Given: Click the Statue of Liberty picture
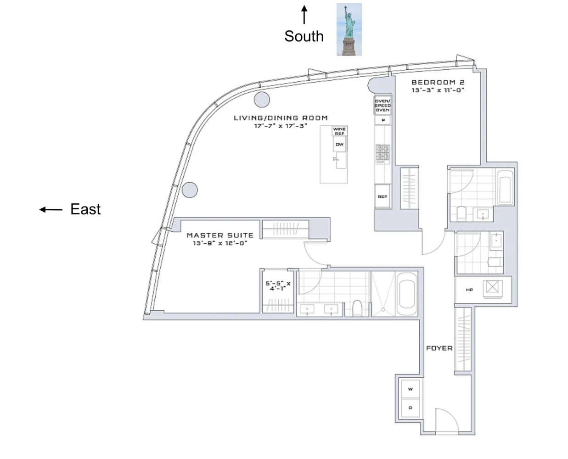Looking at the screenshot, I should (x=349, y=29).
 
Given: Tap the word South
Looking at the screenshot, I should (x=304, y=36).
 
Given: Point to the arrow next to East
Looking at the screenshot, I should (x=51, y=210).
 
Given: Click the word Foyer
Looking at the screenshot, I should (x=439, y=348).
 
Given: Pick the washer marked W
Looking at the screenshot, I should (x=410, y=389).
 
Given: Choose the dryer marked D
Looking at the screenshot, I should (x=410, y=408).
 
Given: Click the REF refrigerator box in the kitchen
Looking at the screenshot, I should (x=382, y=196).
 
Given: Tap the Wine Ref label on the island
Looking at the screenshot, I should (x=339, y=131).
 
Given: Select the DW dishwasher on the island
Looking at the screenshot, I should (x=339, y=145).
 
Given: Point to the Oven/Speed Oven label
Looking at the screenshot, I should (x=382, y=106).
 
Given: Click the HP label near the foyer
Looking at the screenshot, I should (x=469, y=290).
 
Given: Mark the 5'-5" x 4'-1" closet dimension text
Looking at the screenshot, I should (x=278, y=286).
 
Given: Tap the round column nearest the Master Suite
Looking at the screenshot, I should (x=190, y=190).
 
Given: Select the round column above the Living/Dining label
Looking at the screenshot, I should (x=262, y=99).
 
